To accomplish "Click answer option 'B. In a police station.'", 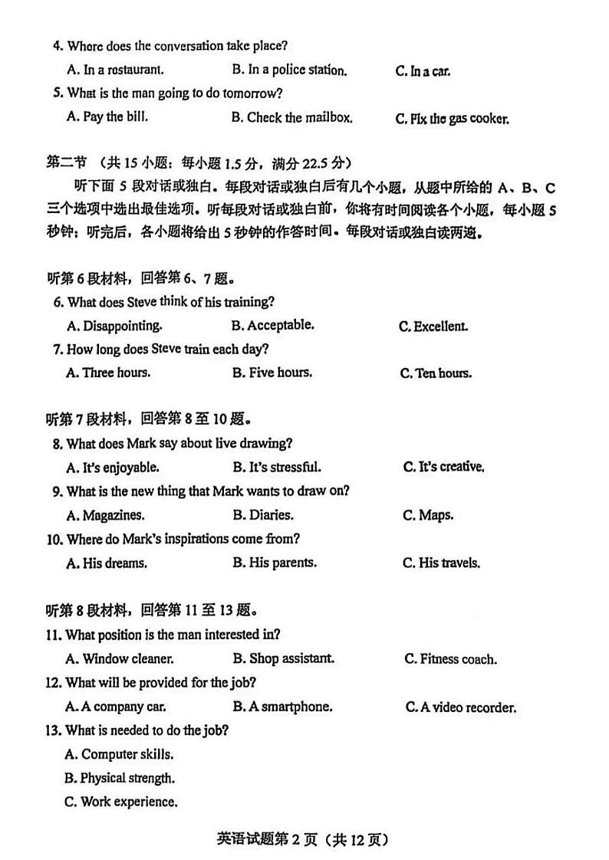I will (x=289, y=70).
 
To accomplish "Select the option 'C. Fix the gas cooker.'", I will (x=452, y=119).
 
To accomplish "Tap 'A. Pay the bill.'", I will (x=107, y=117).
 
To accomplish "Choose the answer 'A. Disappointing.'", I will (x=114, y=325).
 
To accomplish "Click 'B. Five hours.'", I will (x=272, y=373).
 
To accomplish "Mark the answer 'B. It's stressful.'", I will (x=277, y=467).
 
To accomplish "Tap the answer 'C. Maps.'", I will (x=428, y=515).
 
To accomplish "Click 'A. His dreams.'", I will (x=107, y=563).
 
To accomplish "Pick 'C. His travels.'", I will (x=442, y=563).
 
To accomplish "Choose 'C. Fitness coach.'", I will (x=450, y=659).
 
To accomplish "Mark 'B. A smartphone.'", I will (x=282, y=707).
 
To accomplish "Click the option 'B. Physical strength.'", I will (x=120, y=778).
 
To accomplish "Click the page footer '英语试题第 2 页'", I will (x=263, y=839).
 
